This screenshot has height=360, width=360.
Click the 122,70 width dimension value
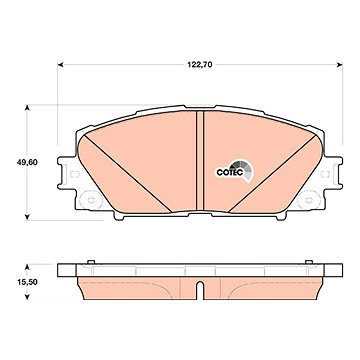pos(200,65)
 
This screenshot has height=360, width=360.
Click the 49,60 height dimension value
pos(27,163)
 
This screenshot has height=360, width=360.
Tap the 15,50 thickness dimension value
pos(27,282)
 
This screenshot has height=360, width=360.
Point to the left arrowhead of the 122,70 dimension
pos(60,65)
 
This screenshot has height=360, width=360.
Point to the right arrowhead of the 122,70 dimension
pos(340,65)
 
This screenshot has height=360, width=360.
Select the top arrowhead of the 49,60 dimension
pos(28,108)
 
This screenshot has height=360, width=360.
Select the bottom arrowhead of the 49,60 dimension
pos(28,217)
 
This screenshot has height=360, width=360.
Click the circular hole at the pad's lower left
pos(90,199)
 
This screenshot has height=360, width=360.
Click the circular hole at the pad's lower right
pos(309,199)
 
